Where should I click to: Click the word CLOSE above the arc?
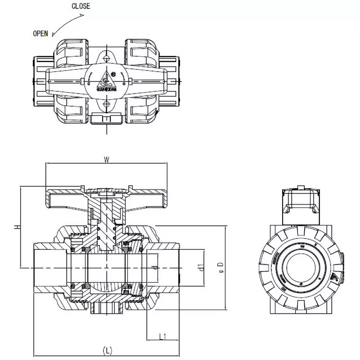(x=81, y=6)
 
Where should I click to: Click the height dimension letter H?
(x=17, y=228)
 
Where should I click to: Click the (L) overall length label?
(x=107, y=349)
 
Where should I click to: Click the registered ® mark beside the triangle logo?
(x=113, y=74)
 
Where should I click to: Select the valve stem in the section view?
(x=106, y=225)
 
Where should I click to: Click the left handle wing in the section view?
(x=63, y=198)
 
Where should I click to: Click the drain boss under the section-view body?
(x=107, y=310)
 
